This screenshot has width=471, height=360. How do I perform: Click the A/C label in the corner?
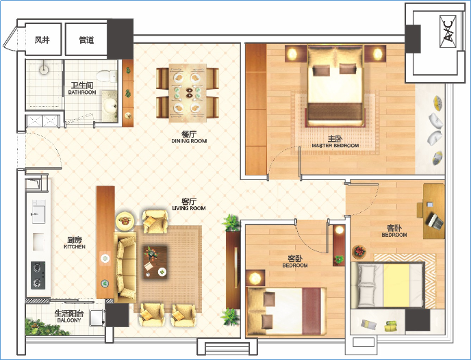[x=448, y=32]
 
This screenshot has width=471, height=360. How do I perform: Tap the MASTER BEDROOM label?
[x=335, y=146]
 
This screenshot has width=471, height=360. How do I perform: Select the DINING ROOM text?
[x=189, y=141]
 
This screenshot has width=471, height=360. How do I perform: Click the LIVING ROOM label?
[x=189, y=208]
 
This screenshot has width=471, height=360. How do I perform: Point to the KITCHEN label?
[x=75, y=247]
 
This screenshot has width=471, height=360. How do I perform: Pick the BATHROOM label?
[x=82, y=92]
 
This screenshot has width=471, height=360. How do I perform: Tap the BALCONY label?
[x=69, y=320]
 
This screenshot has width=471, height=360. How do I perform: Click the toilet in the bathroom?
[x=107, y=76]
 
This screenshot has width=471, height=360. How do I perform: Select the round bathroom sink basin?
[x=110, y=105]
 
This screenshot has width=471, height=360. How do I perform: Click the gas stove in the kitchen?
[x=38, y=275]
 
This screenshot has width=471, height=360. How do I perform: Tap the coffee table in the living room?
[x=155, y=261]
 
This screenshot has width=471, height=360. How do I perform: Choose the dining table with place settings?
[x=188, y=93]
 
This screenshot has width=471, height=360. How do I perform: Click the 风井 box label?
[x=42, y=40]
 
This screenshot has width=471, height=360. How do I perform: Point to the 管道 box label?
[x=86, y=40]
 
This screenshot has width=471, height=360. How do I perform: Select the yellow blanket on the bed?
[x=396, y=285]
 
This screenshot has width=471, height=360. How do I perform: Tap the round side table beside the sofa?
[x=125, y=220]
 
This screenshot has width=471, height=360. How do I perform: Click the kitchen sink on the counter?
[x=38, y=212]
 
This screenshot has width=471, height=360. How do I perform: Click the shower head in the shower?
[x=44, y=69]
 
